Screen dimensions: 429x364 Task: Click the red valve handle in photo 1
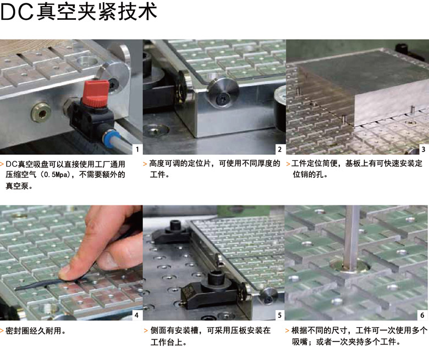pos(92,93)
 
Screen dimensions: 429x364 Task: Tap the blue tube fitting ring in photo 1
pos(107,137)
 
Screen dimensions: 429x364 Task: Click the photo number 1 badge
pos(137,149)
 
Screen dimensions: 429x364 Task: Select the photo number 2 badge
pos(279,149)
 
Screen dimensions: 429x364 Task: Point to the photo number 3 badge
pos(424,149)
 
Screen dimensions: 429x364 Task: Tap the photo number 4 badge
pos(136,315)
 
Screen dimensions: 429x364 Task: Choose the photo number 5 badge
pos(279,315)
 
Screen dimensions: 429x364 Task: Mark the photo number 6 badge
pos(422,315)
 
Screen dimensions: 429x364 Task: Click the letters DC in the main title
pos(17,12)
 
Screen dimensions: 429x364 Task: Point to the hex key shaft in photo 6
pos(352,238)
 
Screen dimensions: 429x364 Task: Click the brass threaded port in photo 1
pos(41,111)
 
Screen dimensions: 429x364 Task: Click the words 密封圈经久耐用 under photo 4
pos(33,331)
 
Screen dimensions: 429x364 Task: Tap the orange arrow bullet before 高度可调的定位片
pos(145,164)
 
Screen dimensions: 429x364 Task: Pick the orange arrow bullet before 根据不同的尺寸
pos(287,331)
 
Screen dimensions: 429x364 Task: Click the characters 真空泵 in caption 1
pos(17,186)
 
